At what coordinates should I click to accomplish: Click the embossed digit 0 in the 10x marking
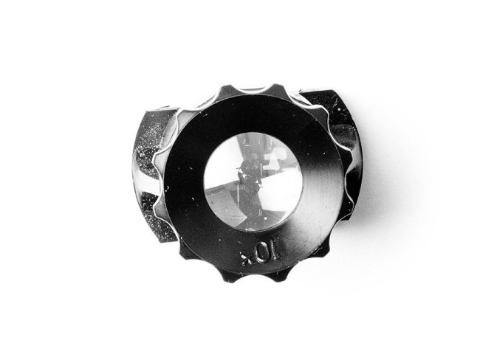[263, 254]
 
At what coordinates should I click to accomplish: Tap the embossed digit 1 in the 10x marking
[275, 250]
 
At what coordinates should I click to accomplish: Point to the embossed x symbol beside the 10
[247, 259]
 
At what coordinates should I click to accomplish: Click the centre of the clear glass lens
[253, 181]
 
